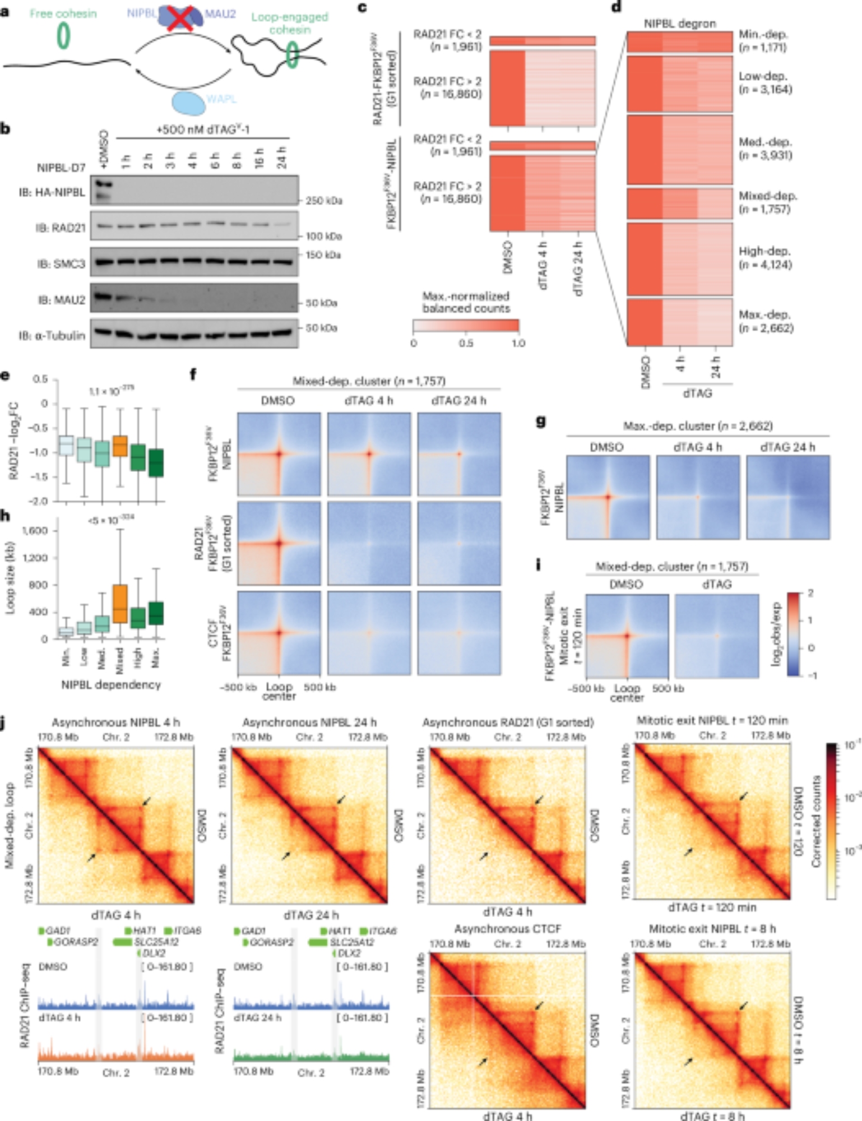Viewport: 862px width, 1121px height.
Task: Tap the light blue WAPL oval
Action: [188, 103]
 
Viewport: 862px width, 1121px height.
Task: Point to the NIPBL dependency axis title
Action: [111, 684]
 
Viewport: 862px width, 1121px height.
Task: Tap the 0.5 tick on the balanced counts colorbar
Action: [466, 342]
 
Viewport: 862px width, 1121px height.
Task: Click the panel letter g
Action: [541, 421]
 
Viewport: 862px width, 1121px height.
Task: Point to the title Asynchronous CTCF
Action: [508, 929]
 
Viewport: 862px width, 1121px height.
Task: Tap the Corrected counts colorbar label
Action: [816, 821]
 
